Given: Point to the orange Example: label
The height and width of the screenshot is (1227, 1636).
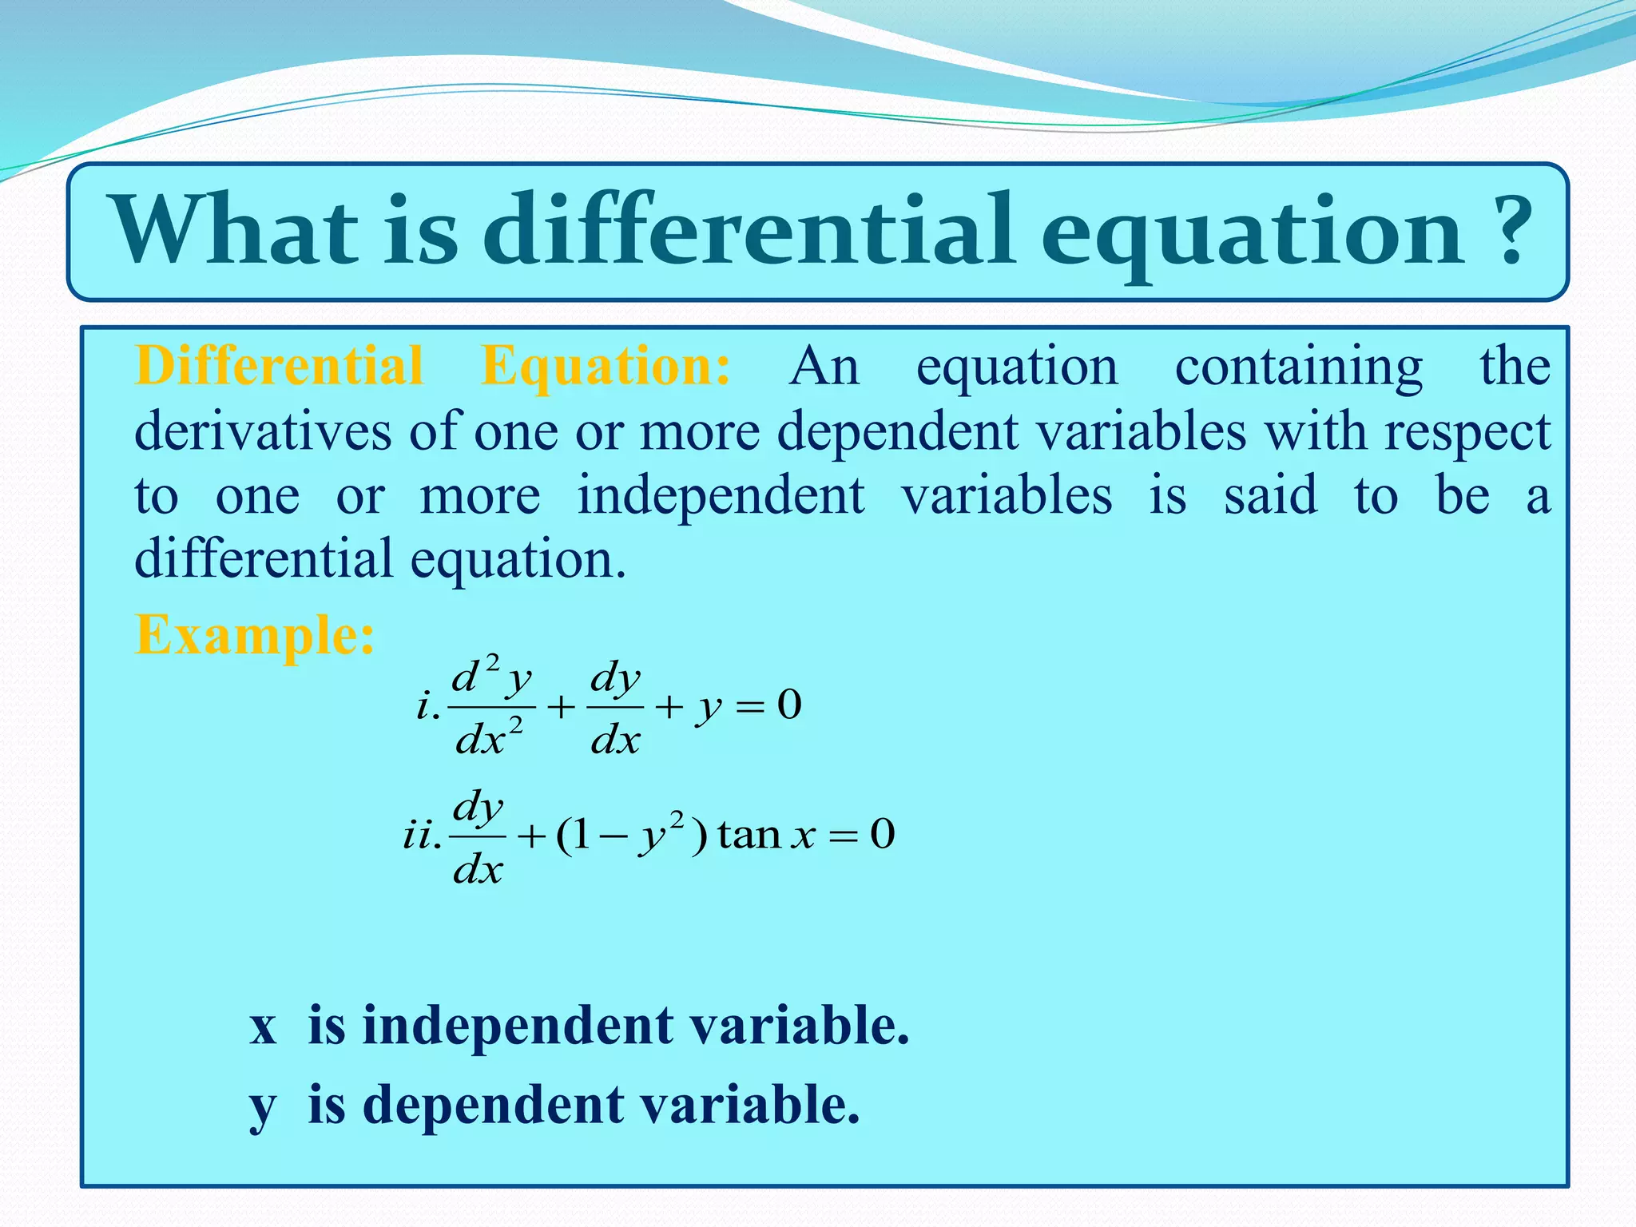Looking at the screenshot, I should coord(255,636).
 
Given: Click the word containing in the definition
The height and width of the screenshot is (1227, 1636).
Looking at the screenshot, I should coord(1298,367).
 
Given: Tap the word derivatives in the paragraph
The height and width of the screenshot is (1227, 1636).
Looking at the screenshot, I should coord(263,432).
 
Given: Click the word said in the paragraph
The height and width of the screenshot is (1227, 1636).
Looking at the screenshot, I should coord(1270,495).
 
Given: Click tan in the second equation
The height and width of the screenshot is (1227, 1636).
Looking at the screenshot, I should coord(749,836).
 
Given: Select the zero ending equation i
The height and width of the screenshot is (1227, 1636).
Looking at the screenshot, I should coord(789,705).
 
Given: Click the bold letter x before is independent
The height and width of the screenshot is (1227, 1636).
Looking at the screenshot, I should coord(263,1026).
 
